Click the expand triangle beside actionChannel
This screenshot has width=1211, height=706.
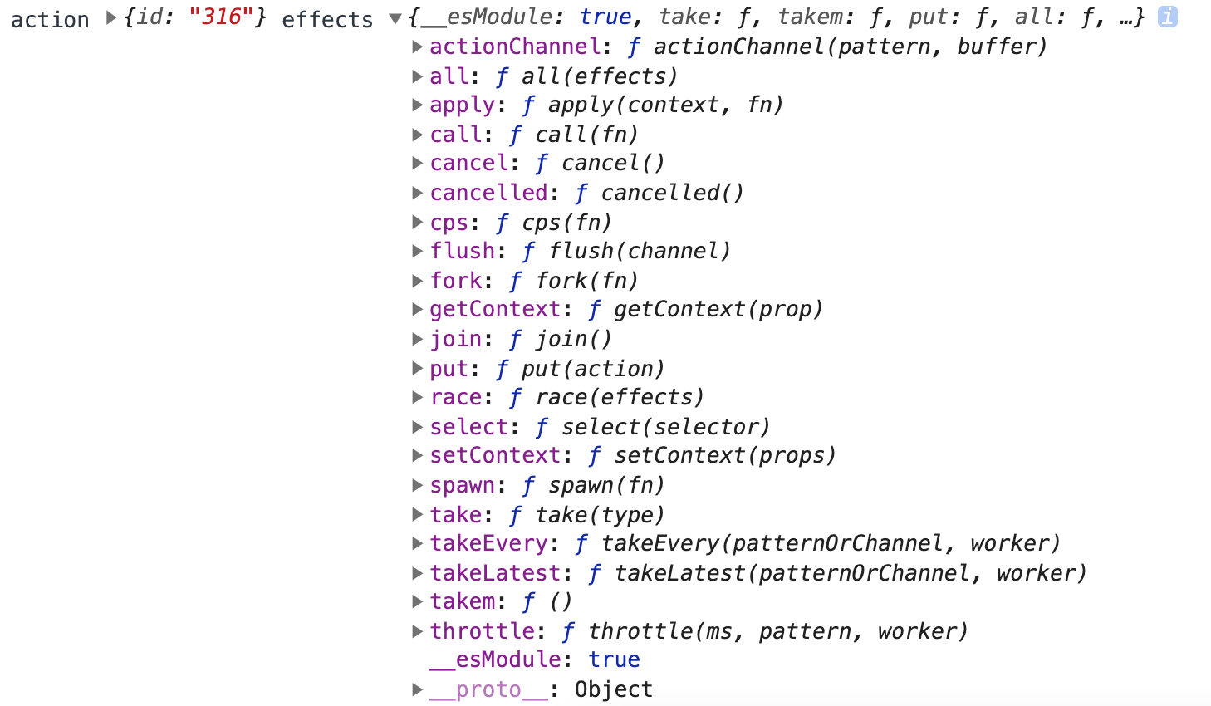[418, 47]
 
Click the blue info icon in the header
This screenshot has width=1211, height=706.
[1167, 17]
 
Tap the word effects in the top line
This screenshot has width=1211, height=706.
[327, 19]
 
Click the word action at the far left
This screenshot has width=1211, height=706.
[50, 19]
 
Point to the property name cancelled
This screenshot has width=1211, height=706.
[488, 193]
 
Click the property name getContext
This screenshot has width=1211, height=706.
[495, 309]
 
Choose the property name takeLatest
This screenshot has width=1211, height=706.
[495, 573]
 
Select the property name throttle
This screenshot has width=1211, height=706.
[482, 631]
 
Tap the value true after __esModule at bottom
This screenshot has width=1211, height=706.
[614, 659]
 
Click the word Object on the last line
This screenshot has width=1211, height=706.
[614, 689]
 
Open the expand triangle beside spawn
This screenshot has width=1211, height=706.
[418, 485]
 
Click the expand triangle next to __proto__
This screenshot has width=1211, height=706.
[418, 689]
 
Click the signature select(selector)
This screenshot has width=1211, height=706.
[665, 427]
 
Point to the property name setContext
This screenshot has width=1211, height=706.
[495, 455]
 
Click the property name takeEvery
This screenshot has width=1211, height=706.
[488, 543]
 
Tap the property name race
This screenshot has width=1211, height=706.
[456, 397]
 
